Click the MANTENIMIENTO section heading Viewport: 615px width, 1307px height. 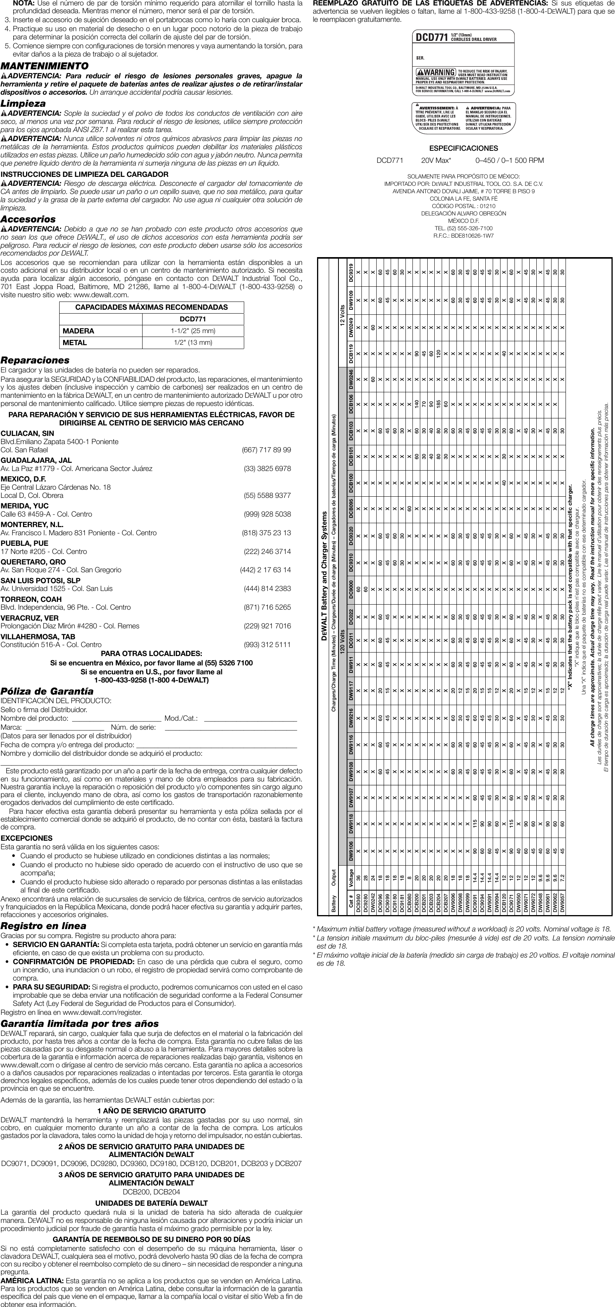click(45, 66)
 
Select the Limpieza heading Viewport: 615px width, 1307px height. click(23, 104)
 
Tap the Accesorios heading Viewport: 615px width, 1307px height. click(28, 219)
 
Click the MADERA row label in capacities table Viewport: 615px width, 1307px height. click(79, 331)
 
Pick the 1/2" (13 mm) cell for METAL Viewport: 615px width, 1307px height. click(193, 342)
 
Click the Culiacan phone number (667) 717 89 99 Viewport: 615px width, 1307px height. click(266, 450)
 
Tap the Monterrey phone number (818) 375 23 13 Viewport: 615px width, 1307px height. click(266, 533)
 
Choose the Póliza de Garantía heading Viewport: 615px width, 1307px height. click(47, 691)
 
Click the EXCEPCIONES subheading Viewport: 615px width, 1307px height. click(26, 838)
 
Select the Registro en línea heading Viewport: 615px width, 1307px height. click(44, 926)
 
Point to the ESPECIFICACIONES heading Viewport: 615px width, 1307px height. click(463, 148)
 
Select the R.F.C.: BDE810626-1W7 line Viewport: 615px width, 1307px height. click(463, 235)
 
